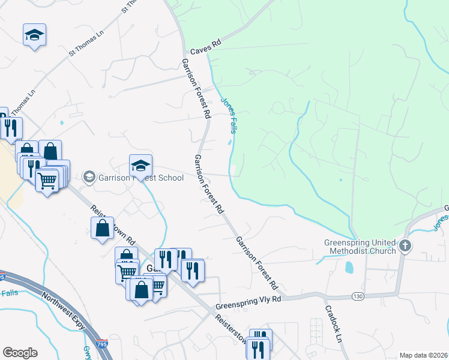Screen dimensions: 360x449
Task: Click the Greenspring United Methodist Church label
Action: [360, 247]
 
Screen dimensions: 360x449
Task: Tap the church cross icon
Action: [405, 245]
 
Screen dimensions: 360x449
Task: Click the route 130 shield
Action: [358, 296]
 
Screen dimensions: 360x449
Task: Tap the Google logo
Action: [20, 353]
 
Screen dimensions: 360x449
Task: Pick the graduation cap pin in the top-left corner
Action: [34, 35]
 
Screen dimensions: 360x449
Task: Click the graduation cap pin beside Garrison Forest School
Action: [140, 166]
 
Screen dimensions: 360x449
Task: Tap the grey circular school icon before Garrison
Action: [89, 176]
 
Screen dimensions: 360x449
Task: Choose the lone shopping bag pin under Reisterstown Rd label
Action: [102, 228]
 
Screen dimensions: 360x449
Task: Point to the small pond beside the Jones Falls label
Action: [229, 143]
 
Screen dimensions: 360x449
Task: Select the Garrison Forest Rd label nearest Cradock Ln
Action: [256, 260]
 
